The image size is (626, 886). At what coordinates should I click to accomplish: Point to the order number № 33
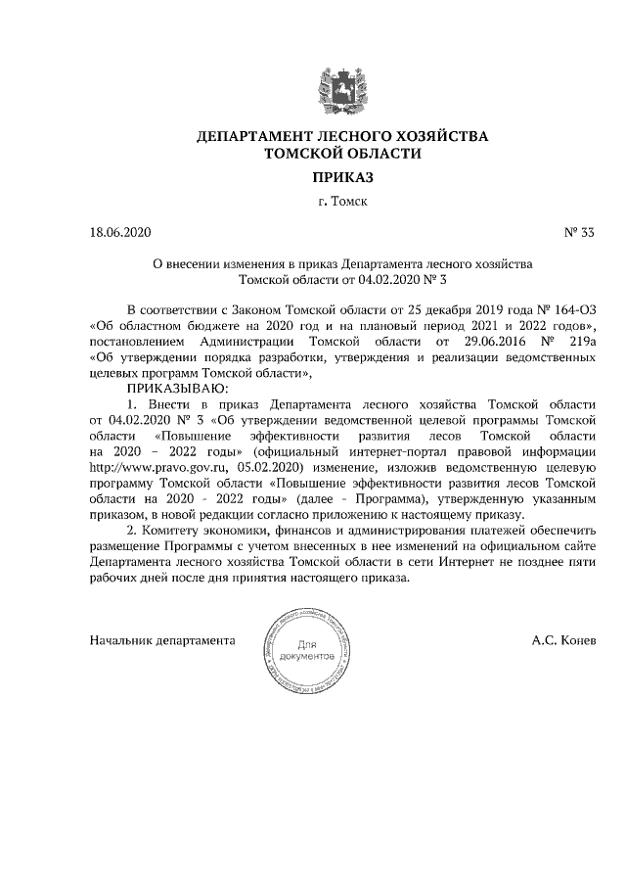click(x=580, y=233)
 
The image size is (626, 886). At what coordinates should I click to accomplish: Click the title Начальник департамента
click(x=162, y=641)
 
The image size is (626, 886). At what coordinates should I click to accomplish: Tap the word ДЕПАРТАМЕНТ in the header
click(x=253, y=136)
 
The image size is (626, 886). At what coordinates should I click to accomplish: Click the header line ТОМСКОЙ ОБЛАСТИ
click(x=342, y=154)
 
